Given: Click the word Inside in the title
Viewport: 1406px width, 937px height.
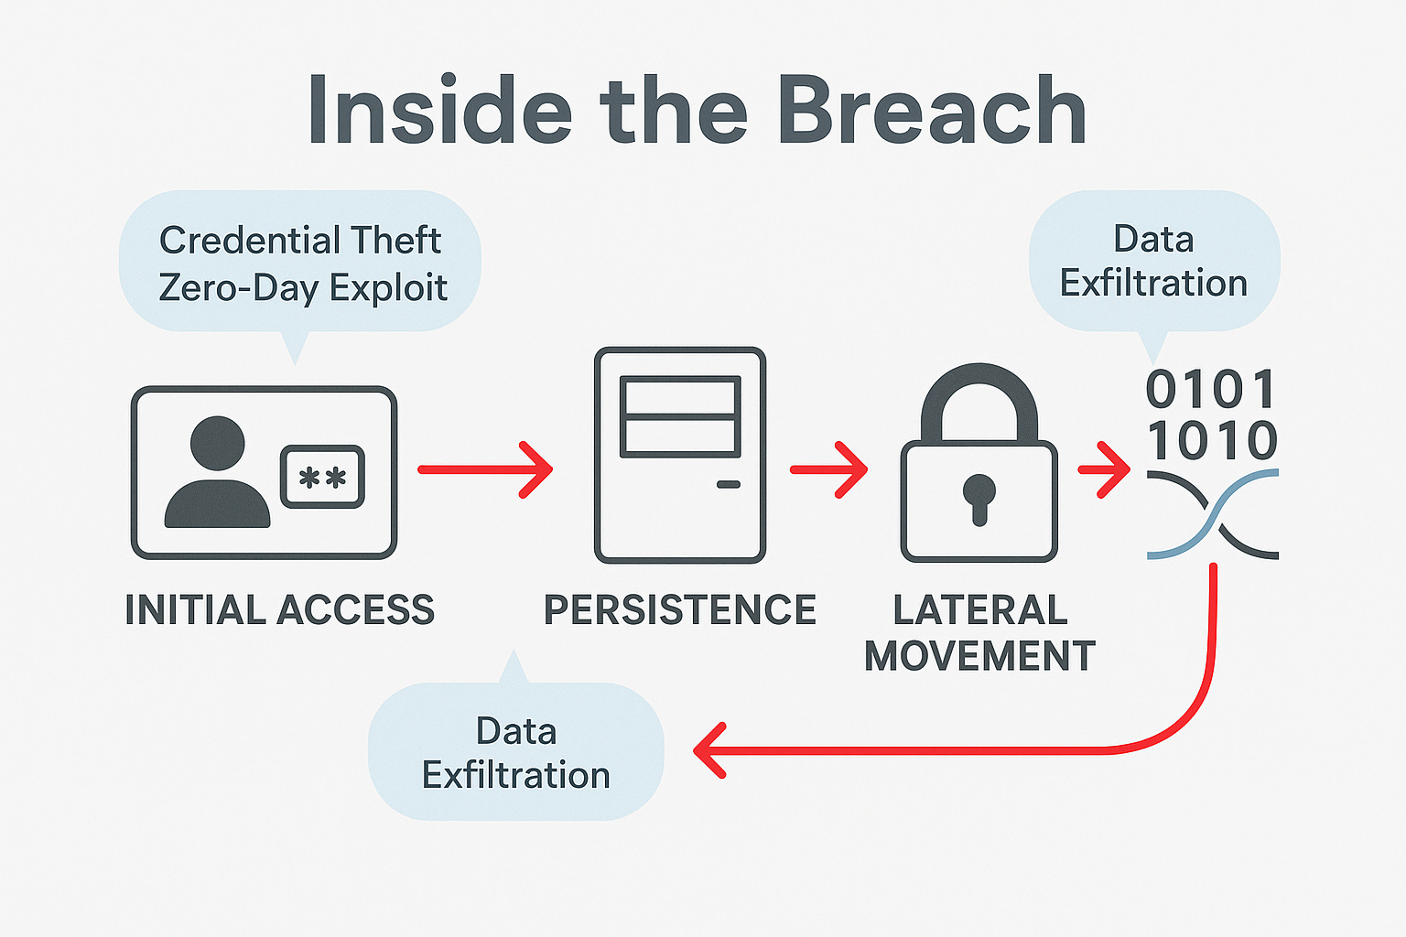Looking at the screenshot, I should [439, 112].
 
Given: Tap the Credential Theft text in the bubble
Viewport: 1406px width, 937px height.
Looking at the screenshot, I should [300, 241].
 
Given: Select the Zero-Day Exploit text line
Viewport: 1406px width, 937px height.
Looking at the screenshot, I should [303, 288].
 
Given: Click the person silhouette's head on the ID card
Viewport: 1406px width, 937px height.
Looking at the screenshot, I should [218, 444].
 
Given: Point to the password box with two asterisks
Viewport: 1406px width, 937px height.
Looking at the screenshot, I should [322, 477].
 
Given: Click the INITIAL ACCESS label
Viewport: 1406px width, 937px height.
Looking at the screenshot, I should [279, 610].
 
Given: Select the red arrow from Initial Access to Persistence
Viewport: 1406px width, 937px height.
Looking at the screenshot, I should [485, 469].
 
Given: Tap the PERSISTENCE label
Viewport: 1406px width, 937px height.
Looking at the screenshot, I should [679, 610].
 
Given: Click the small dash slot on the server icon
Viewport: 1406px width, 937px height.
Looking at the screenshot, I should [729, 484].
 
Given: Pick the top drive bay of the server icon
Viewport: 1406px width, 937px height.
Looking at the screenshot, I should [680, 396].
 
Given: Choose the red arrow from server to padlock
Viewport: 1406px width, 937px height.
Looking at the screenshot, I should [828, 469].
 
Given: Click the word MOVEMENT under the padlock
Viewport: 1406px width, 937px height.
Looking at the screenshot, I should [979, 656].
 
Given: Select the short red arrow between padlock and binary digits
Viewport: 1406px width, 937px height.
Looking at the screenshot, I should [1104, 469].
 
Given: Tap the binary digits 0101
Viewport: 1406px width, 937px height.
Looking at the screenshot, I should [1211, 391].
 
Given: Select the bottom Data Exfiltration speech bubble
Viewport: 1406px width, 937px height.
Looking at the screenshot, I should [515, 752].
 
